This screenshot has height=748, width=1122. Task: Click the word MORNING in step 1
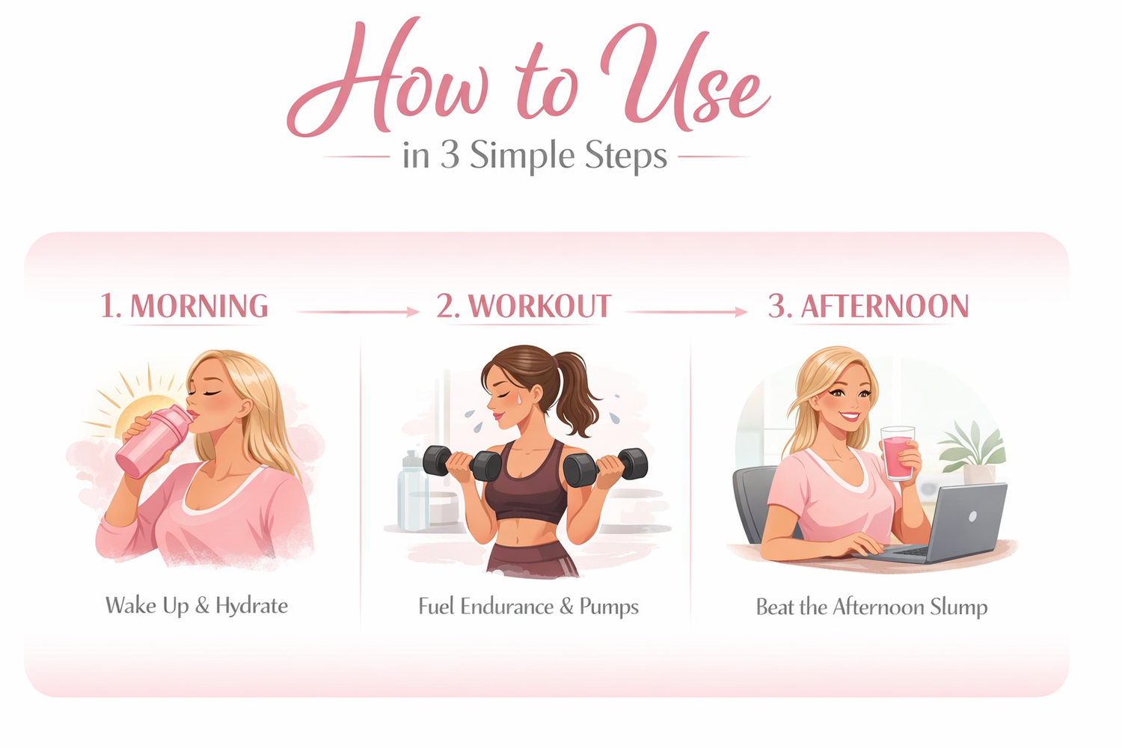tap(200, 306)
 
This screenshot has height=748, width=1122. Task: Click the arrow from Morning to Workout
tap(358, 312)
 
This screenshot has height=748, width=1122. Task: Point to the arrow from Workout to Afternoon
tap(687, 312)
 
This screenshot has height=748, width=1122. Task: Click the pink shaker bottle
tap(153, 441)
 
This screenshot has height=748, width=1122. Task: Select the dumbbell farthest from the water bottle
tap(605, 467)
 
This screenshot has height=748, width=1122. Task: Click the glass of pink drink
tap(898, 453)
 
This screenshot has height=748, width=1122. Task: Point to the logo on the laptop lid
tap(972, 516)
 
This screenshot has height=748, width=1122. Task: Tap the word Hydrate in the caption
tap(251, 606)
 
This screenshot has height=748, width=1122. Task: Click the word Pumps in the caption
tap(609, 607)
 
